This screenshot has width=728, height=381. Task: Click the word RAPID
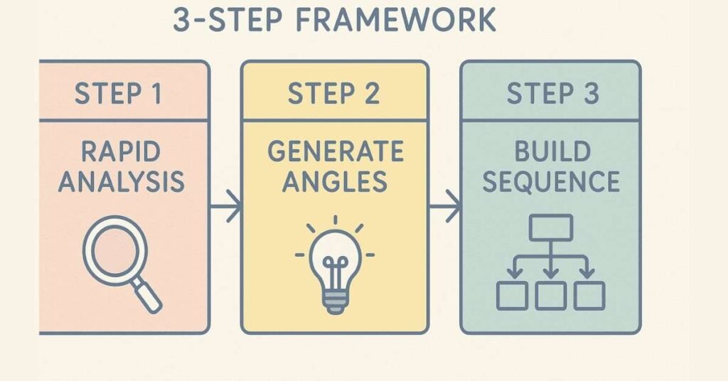coord(121,151)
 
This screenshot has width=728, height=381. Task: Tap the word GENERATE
coord(335,151)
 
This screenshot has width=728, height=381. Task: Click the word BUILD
coord(551,151)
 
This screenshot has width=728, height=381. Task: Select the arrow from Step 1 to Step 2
coord(225,208)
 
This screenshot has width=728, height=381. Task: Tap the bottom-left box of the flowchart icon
coord(512,295)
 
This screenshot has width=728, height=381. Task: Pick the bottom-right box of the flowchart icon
coord(589,295)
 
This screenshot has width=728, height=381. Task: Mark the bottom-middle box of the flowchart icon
coord(551,295)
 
